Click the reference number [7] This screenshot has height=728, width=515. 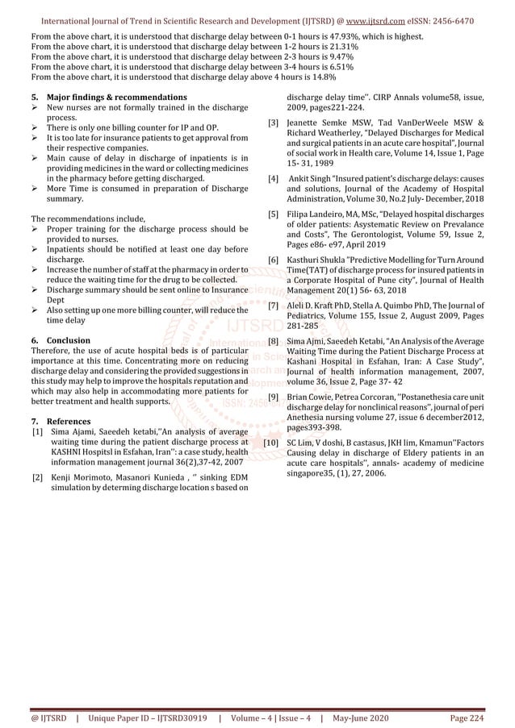274,306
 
